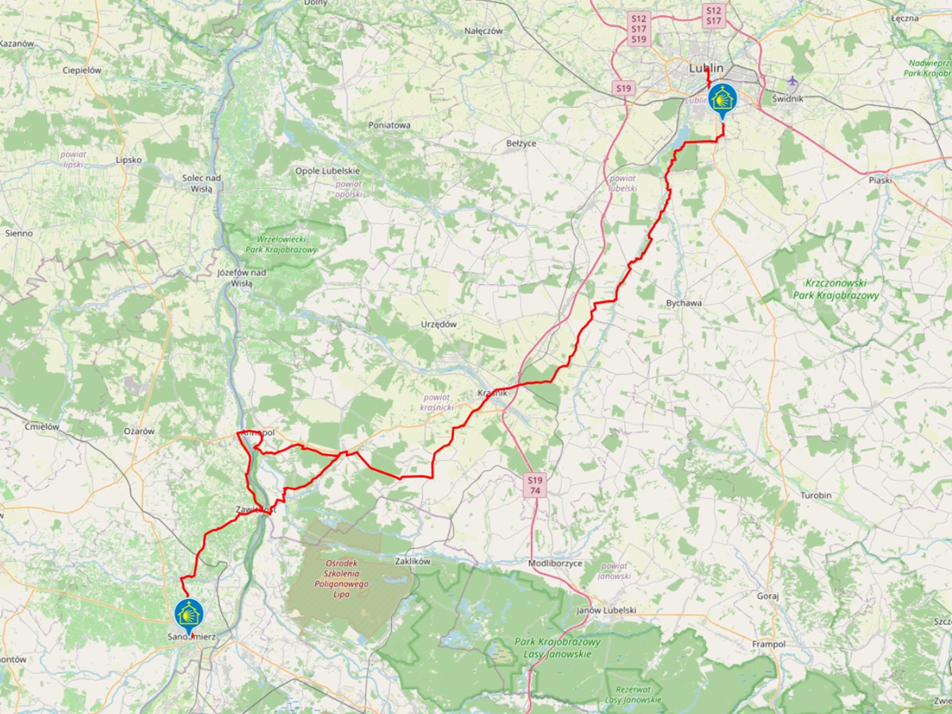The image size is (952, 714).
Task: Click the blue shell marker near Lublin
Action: [x=722, y=98]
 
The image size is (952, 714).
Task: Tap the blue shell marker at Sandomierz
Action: [x=189, y=613]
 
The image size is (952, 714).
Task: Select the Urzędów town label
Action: [x=440, y=324]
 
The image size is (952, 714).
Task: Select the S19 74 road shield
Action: [x=535, y=486]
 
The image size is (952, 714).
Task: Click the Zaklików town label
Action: [x=412, y=561]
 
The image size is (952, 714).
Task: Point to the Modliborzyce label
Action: [x=555, y=563]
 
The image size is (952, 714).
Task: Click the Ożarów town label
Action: [x=138, y=431]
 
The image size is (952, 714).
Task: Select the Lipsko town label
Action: [x=128, y=159]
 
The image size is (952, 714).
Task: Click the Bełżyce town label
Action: [x=521, y=144]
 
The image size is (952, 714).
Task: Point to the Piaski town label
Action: [x=880, y=180]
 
